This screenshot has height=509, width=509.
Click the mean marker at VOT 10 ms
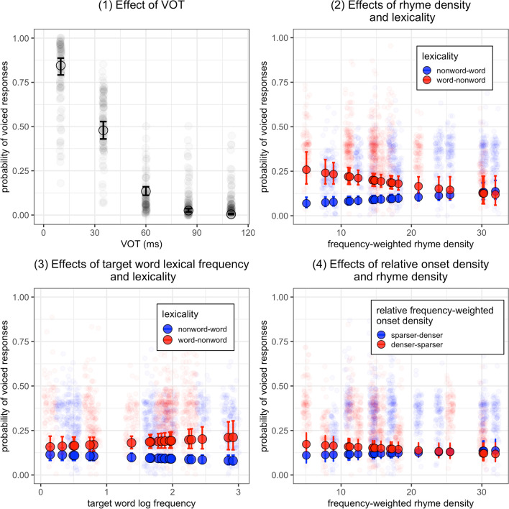coord(60,65)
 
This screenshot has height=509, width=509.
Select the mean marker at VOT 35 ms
coord(104,131)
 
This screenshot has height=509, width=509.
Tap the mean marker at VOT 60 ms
coord(146,191)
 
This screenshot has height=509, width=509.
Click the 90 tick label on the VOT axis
coord(196,233)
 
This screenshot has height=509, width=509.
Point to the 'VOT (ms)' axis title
coord(142,244)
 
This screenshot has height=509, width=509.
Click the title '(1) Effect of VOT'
coord(142,5)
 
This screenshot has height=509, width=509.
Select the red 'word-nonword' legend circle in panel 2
coord(427,80)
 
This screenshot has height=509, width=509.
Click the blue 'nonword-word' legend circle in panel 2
coord(427,70)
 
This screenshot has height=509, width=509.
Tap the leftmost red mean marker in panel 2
coord(306,170)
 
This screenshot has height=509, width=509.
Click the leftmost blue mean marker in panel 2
coord(306,203)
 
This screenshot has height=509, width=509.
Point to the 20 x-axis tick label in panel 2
coord(411,233)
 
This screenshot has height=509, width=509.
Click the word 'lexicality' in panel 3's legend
coord(180,314)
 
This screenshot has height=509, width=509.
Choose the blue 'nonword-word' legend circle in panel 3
coord(168,329)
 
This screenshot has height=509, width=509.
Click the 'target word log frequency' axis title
coord(142,503)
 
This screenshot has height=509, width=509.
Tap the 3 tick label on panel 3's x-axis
coord(238,492)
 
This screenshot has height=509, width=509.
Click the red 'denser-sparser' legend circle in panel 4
coord(382,344)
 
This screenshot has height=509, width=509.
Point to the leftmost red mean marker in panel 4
coord(306,444)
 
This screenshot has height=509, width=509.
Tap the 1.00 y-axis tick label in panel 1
coord(21,38)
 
